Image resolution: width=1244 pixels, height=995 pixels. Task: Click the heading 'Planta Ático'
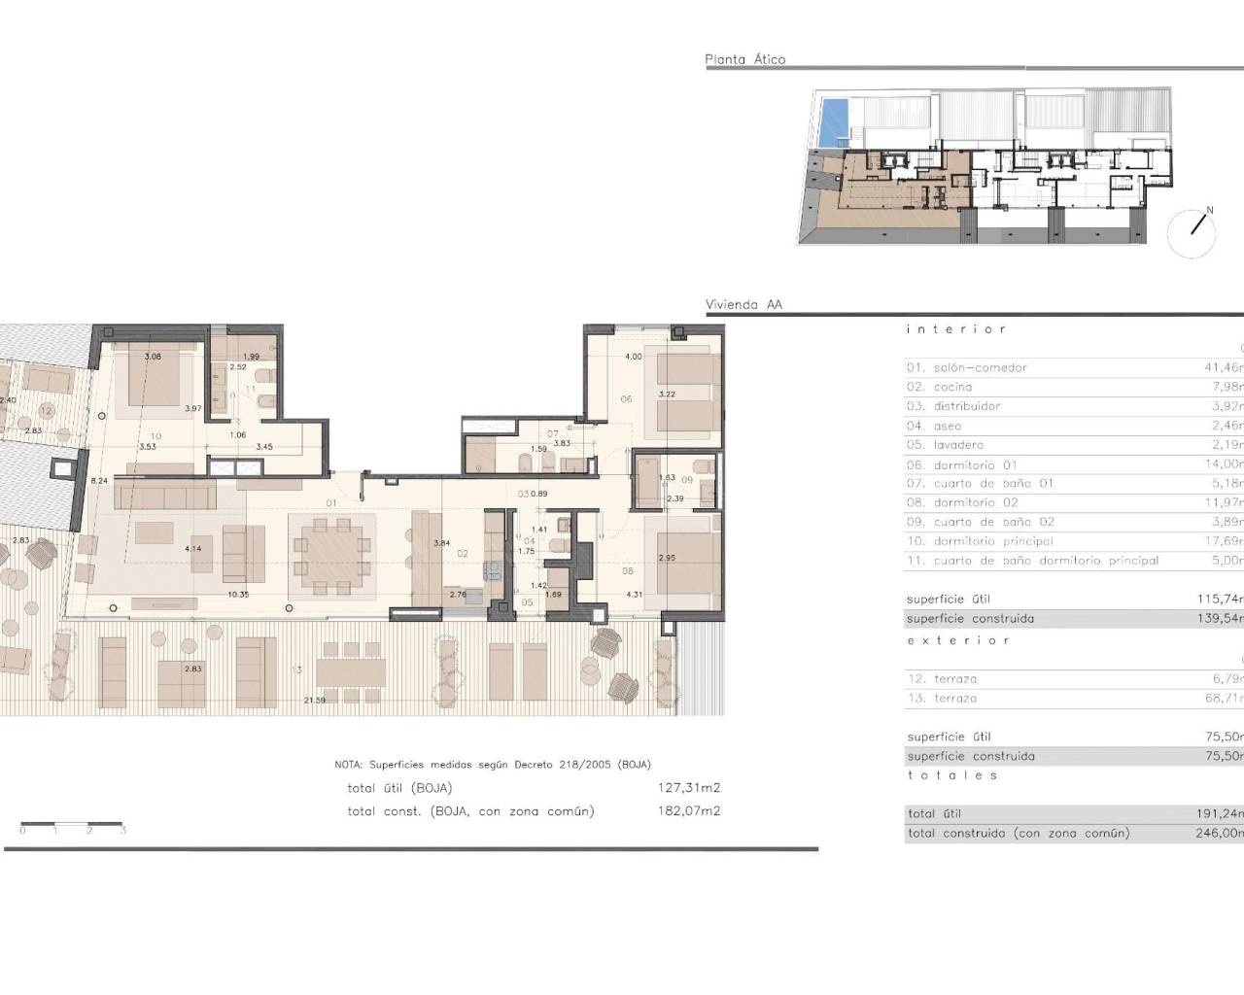click(744, 59)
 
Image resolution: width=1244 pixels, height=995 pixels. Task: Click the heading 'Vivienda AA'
click(743, 304)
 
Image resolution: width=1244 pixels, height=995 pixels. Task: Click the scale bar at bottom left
click(72, 825)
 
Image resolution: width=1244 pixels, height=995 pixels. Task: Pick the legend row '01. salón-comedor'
click(966, 367)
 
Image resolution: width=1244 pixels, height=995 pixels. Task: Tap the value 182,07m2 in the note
click(689, 810)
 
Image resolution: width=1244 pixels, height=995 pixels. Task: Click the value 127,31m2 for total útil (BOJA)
click(689, 788)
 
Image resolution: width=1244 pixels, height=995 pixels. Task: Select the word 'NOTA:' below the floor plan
click(348, 765)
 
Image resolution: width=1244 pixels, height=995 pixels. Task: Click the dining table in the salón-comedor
click(331, 555)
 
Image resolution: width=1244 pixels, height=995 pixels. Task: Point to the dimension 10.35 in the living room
click(238, 594)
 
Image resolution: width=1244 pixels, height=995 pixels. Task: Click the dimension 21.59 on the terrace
click(314, 700)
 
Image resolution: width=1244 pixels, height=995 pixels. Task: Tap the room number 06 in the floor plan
click(626, 399)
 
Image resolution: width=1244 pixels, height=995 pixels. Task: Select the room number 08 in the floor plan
click(628, 571)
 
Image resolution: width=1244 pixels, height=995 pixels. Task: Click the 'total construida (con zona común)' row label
click(1019, 833)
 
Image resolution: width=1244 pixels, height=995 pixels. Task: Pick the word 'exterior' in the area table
click(957, 640)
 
